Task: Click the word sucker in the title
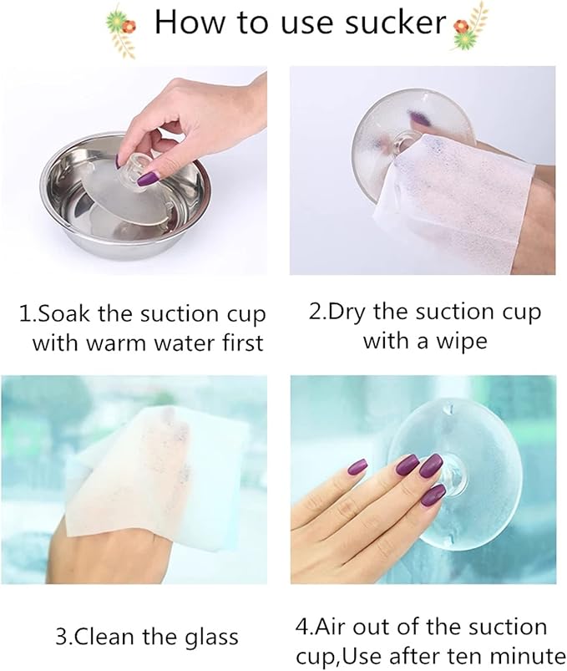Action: coord(396,23)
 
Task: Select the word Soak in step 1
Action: coord(63,314)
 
